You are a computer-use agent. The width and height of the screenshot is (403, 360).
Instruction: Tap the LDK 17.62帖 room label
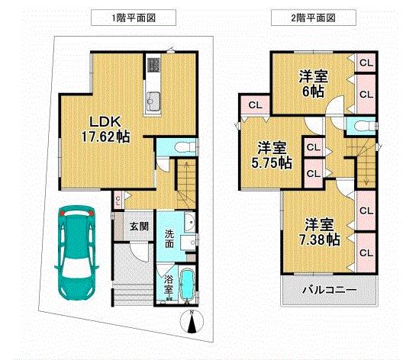[x=101, y=130]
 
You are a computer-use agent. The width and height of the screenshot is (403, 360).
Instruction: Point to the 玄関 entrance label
[x=138, y=226]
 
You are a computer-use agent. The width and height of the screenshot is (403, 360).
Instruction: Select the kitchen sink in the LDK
[x=153, y=98]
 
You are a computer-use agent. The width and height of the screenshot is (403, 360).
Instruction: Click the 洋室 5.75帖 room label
[x=272, y=155]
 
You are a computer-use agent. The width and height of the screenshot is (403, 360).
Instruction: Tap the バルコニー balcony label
[x=328, y=291]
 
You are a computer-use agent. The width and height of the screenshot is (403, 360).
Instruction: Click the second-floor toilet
[x=357, y=127]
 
